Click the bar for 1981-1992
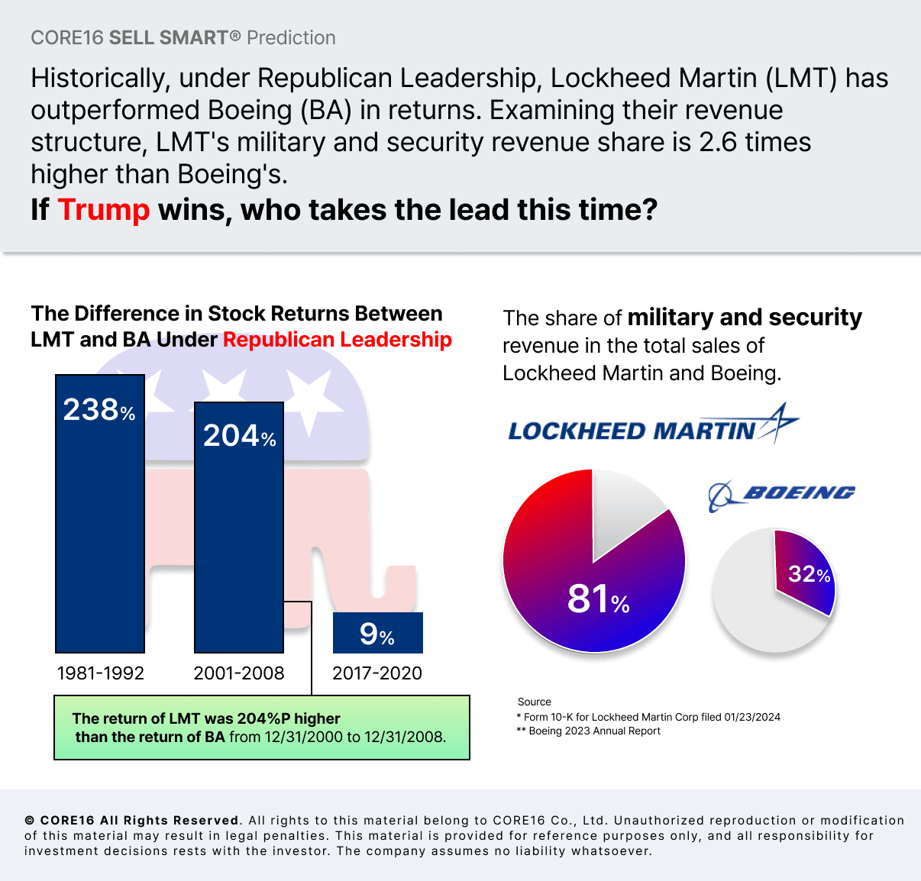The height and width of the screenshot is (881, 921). coord(100,534)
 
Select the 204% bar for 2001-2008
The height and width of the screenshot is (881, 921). coord(239,542)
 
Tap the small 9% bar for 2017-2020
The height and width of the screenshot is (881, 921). coord(377,633)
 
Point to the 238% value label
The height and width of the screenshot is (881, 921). coord(99,410)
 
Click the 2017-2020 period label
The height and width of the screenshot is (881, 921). coord(377,673)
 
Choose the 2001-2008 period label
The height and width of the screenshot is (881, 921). coord(239,673)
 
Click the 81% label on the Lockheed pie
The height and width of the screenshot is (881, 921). coord(598,599)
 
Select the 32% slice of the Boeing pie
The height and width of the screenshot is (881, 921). coord(806,573)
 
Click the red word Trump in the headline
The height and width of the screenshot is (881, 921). coord(104,209)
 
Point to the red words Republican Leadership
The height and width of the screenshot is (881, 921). coord(337,340)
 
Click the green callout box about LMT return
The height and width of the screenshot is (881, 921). coord(261,727)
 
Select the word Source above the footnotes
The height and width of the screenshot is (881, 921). coord(534,702)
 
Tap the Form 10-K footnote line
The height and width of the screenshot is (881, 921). coord(648,717)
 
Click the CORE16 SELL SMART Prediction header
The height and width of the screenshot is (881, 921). coord(183,37)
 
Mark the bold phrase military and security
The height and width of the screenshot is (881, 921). coord(745,317)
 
